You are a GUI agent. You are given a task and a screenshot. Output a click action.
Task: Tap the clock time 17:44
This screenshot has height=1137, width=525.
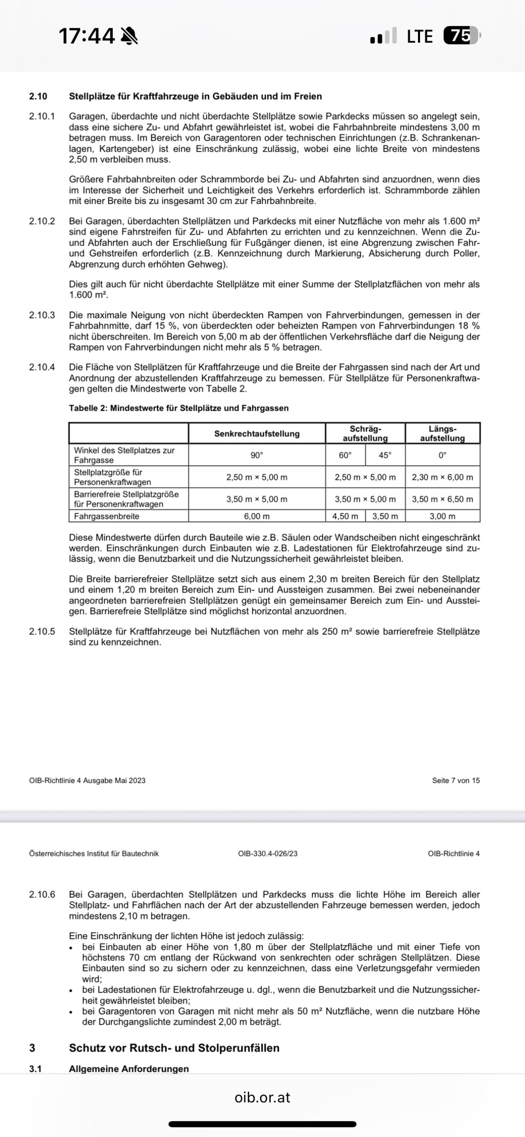tap(87, 36)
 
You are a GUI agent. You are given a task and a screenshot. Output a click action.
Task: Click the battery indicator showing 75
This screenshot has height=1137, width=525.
tap(461, 36)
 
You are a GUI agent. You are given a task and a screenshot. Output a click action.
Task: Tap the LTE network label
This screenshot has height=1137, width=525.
tap(420, 36)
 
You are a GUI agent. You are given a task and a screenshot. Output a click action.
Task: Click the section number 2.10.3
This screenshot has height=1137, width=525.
tap(42, 315)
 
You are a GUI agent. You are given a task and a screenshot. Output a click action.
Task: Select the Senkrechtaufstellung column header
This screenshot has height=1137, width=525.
tap(256, 433)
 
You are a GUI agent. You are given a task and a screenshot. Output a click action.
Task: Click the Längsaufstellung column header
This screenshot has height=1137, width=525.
tap(443, 433)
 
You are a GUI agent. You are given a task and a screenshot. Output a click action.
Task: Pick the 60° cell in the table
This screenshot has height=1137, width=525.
tap(345, 455)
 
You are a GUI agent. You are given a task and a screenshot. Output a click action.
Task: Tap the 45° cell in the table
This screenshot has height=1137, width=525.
tap(385, 455)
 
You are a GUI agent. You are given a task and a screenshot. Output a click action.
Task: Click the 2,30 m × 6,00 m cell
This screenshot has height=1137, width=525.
tap(443, 477)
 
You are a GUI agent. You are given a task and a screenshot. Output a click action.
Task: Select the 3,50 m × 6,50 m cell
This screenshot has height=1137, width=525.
tap(443, 499)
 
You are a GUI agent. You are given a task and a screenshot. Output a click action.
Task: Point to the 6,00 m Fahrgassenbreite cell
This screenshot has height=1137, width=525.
tap(256, 516)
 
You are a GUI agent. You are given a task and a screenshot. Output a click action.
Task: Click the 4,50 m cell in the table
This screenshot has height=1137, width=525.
tap(345, 516)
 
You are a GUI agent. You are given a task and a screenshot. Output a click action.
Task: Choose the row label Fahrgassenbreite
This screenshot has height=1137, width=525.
tap(106, 516)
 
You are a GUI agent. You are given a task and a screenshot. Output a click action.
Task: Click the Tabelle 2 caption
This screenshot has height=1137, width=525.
tap(178, 408)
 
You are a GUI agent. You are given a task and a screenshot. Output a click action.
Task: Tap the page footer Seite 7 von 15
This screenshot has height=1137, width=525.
tap(456, 780)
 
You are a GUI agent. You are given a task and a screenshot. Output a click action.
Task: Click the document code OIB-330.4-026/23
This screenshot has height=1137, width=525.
tap(267, 854)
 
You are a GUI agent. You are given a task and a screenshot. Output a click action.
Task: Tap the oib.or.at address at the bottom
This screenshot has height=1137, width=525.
tap(262, 1097)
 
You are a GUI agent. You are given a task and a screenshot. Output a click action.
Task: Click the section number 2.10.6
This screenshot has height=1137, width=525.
tap(42, 895)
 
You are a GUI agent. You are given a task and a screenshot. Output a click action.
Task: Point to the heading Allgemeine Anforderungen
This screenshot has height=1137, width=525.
tap(128, 1069)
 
